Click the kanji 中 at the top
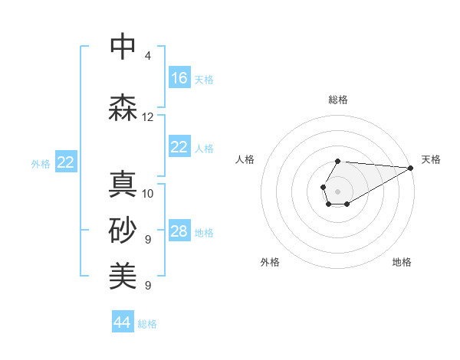click(x=123, y=47)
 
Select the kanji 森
click(x=123, y=108)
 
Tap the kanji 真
click(x=123, y=185)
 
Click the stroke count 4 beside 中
click(x=148, y=56)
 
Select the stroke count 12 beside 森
click(x=148, y=117)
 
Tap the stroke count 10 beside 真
click(x=148, y=194)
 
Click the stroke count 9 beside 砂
click(x=148, y=240)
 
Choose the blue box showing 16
click(x=179, y=78)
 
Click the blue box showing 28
click(x=179, y=232)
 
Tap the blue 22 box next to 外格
click(x=66, y=162)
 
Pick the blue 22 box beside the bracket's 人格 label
click(x=179, y=147)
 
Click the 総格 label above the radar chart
click(x=338, y=100)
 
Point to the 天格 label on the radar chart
click(x=431, y=160)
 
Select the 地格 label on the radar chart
click(x=402, y=263)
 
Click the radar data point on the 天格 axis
click(x=411, y=167)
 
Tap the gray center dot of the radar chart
click(x=337, y=191)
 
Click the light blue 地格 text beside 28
click(x=204, y=233)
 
